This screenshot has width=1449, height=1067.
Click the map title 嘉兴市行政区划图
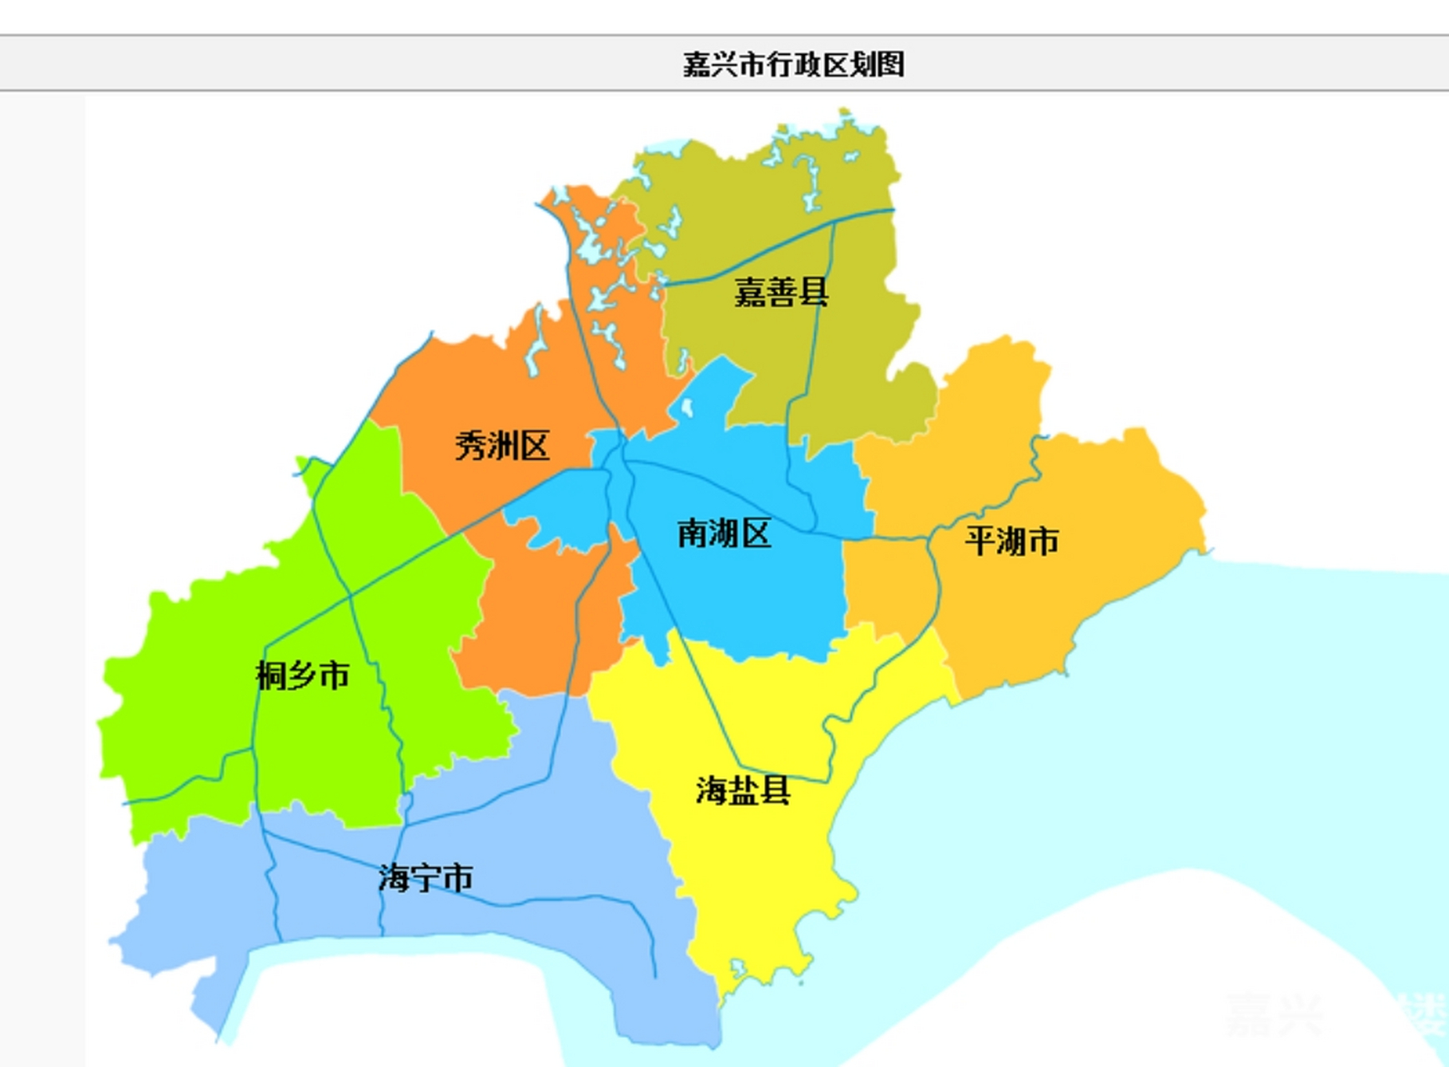(793, 64)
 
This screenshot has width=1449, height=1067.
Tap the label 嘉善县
(781, 293)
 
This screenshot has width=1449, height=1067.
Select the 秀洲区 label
(502, 446)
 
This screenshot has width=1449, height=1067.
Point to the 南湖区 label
(723, 533)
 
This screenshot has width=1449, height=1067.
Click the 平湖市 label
(1012, 541)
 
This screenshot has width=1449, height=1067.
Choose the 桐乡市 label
(302, 675)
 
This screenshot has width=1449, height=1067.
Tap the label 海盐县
(742, 790)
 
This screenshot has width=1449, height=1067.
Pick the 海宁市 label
(425, 878)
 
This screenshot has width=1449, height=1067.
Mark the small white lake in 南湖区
(687, 408)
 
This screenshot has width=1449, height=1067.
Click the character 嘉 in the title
(697, 64)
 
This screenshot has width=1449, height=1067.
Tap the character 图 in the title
(891, 64)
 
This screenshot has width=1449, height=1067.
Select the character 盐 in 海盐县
(743, 790)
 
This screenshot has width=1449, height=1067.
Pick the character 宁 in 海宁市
(425, 878)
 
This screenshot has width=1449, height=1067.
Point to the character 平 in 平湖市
(980, 541)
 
